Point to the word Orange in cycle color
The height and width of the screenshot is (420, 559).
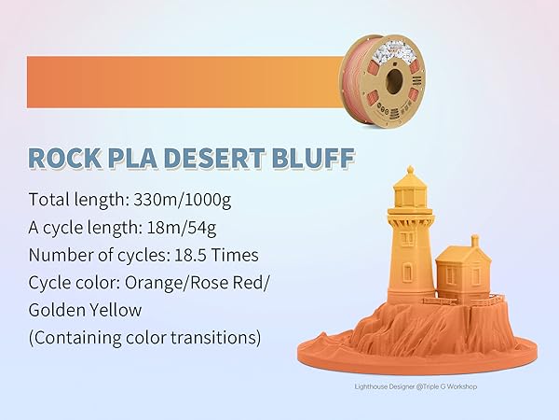click(x=146, y=282)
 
